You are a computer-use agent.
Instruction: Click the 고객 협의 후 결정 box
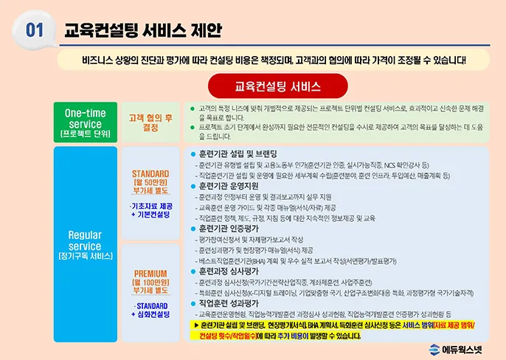coord(150,121)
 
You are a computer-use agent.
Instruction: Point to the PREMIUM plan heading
coord(150,273)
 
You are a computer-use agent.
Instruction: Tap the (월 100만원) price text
coord(150,283)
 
